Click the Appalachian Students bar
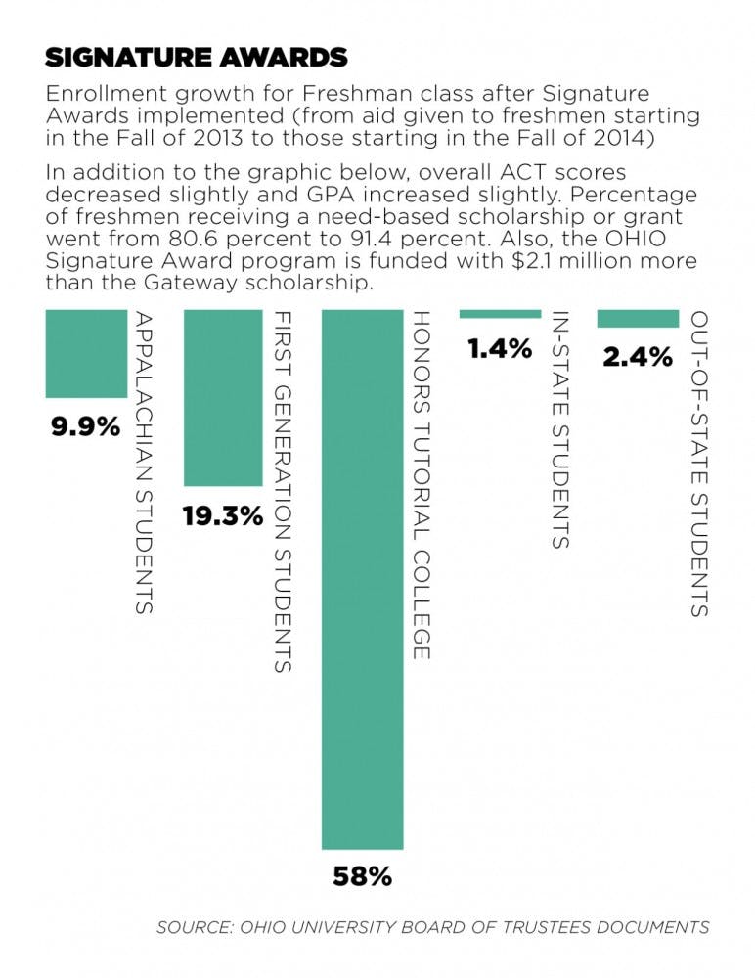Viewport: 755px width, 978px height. click(x=86, y=354)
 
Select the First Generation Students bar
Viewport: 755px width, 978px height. click(x=224, y=398)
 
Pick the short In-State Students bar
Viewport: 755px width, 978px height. click(x=500, y=314)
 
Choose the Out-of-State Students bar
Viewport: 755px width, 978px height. click(x=638, y=319)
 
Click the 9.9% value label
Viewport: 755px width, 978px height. click(x=86, y=427)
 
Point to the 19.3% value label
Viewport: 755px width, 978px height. click(x=223, y=515)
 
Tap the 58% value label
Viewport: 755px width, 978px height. click(x=362, y=876)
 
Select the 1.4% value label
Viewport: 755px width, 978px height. click(x=499, y=348)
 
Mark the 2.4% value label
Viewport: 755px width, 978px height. click(x=638, y=357)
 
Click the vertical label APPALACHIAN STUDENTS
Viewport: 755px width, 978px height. click(x=143, y=462)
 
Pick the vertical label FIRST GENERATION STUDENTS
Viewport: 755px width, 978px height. click(x=281, y=491)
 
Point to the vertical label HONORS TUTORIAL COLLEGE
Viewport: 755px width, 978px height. click(x=420, y=484)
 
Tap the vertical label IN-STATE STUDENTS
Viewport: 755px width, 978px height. click(x=557, y=429)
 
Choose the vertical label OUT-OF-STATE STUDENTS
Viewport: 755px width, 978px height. click(x=697, y=464)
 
